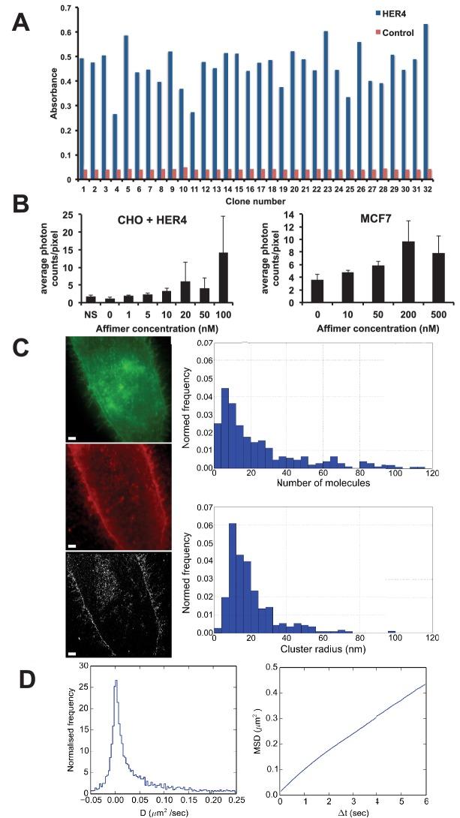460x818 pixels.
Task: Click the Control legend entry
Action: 406,33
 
